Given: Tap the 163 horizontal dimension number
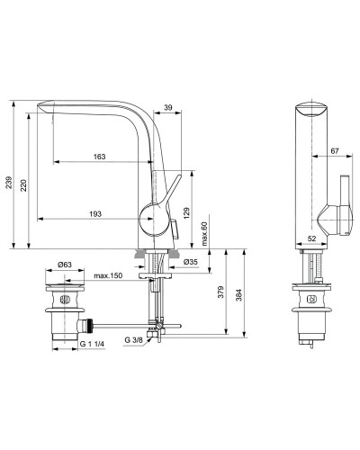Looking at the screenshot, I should (100, 157).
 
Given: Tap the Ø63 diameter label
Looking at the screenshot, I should (64, 264).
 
